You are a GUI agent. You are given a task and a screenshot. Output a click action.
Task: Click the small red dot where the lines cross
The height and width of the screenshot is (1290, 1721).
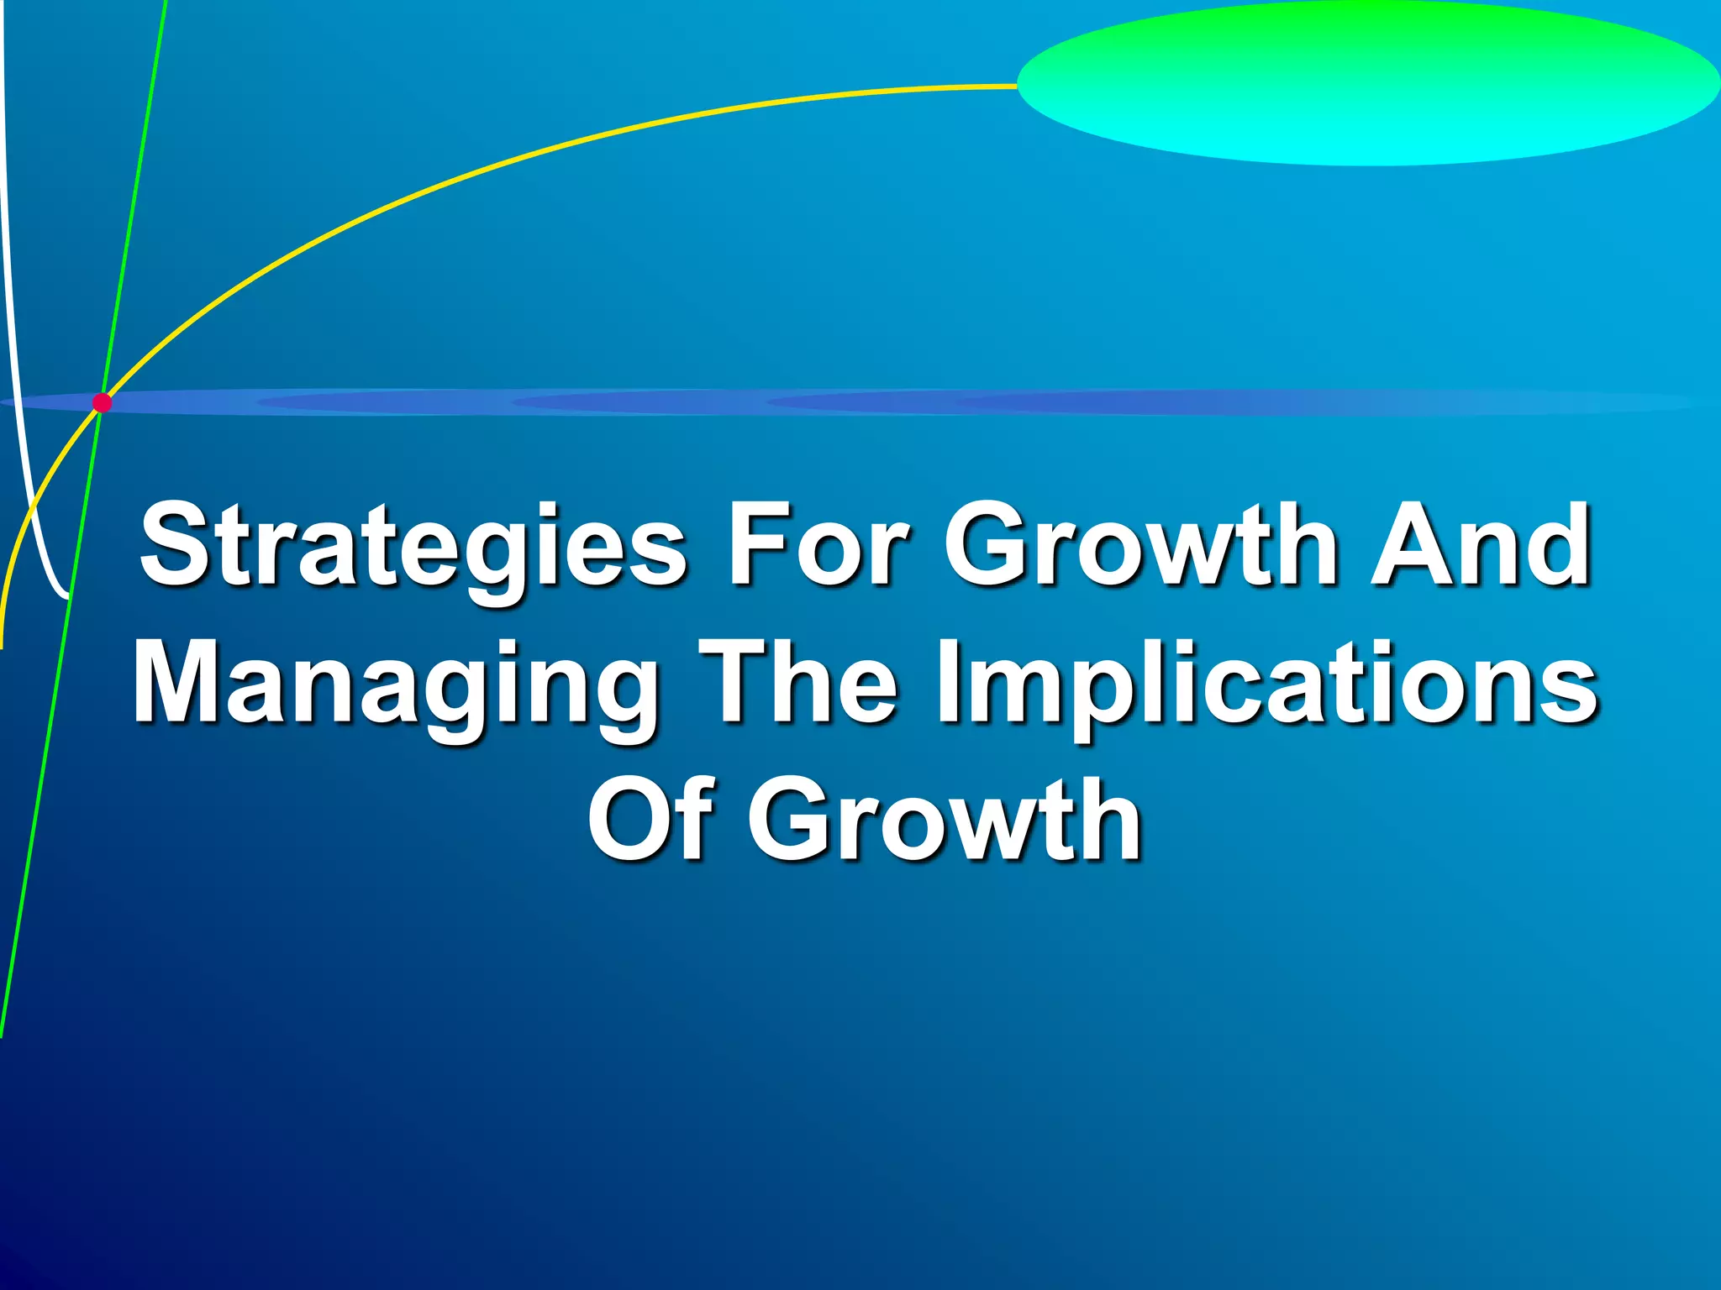102,403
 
